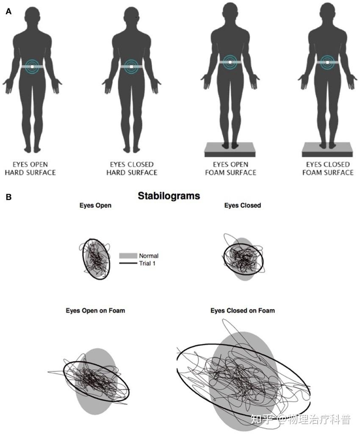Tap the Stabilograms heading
coord(169,196)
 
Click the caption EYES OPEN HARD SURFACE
coord(30,169)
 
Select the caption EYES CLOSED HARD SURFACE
coord(132,169)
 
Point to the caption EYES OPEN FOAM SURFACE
coord(230,169)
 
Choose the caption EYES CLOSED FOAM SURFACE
coord(328,169)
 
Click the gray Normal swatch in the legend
coord(128,256)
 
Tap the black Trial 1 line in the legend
coord(128,263)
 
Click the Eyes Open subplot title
coord(95,205)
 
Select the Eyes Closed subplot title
coord(242,205)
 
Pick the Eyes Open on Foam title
coord(95,310)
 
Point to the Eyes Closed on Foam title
coord(242,310)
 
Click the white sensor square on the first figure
coord(33,66)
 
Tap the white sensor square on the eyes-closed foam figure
coord(327,63)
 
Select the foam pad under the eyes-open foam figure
coord(230,149)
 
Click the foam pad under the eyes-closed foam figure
coord(327,149)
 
